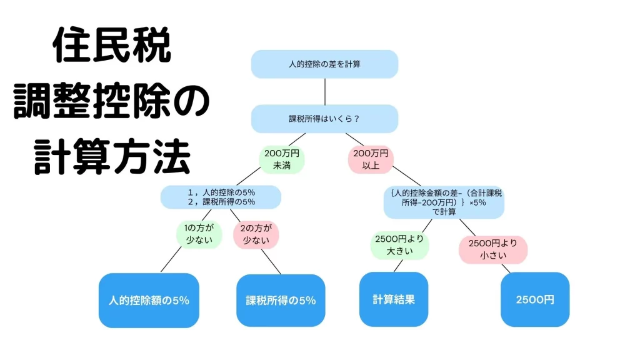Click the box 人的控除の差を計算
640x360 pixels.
point(324,64)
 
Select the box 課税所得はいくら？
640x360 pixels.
point(324,118)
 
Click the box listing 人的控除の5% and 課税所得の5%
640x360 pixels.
point(221,196)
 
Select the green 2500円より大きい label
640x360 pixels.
point(399,245)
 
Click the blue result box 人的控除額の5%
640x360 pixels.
point(149,300)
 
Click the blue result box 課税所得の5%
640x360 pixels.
point(281,300)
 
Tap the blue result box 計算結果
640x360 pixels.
point(393,299)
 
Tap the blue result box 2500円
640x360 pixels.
point(535,299)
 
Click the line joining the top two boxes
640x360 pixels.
point(324,91)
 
